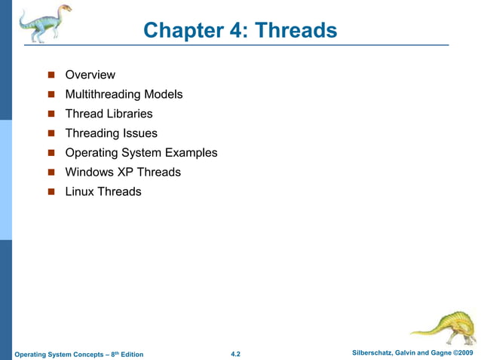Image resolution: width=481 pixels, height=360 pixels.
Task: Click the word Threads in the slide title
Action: tap(296, 30)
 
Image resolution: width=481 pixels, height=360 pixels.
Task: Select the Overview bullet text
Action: tap(90, 75)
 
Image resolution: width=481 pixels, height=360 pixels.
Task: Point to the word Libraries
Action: tap(128, 114)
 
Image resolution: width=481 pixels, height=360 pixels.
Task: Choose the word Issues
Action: tap(142, 133)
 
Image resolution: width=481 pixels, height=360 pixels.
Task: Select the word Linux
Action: tap(81, 191)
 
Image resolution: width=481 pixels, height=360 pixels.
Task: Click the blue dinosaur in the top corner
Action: tap(44, 23)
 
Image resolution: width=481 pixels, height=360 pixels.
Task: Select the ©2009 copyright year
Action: tap(461, 353)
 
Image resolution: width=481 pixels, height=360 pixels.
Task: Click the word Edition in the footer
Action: tap(129, 355)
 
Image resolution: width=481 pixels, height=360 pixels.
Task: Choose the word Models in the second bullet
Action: tap(165, 94)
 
